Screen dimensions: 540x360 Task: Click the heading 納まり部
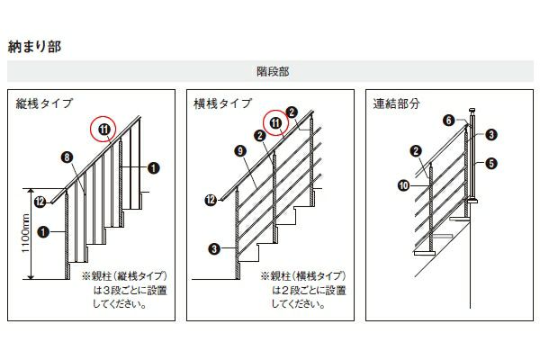coord(34,47)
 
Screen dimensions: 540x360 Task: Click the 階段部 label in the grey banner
coord(273,72)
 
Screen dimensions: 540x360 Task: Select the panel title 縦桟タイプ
coord(44,103)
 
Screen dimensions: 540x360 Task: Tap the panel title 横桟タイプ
coord(223,103)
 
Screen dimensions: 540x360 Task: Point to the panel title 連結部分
coord(396,103)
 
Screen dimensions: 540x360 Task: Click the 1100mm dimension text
coord(26,233)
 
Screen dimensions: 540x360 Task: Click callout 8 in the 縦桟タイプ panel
coord(67,157)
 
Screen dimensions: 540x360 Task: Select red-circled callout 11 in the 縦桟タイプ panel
coord(103,130)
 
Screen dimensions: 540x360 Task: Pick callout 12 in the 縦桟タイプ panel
coord(40,202)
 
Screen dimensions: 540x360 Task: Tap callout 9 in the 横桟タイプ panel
coord(240,151)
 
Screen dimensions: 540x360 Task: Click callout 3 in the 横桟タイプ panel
coord(214,248)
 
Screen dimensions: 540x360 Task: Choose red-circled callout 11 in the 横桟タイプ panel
coord(276,123)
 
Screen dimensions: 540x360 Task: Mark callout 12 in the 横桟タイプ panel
coord(211,200)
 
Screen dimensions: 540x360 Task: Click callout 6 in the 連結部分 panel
coord(449,121)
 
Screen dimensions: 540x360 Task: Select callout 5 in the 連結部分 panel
coord(491,163)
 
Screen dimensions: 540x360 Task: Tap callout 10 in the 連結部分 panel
coord(403,185)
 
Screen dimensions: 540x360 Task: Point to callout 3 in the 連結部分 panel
coord(491,134)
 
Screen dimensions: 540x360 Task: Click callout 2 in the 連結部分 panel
coord(416,151)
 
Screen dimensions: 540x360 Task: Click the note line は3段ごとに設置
coord(130,291)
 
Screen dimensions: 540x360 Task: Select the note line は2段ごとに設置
coord(309,291)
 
